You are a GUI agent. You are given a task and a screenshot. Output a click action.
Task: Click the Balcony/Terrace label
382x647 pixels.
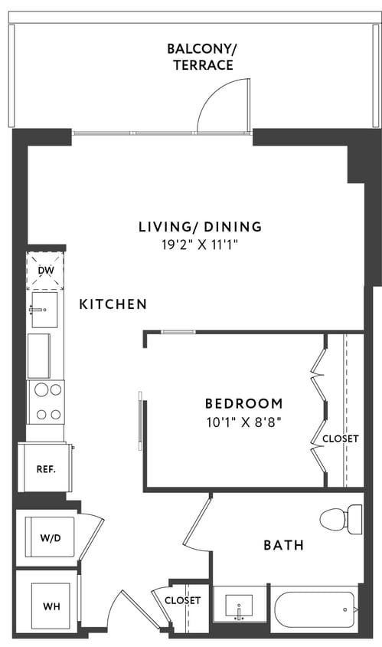tap(201, 57)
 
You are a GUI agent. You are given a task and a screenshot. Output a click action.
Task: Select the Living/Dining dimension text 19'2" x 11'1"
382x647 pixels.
tap(200, 247)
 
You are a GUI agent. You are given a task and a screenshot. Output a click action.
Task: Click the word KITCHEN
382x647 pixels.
tap(113, 304)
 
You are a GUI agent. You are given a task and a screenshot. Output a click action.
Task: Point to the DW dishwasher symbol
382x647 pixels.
tap(46, 271)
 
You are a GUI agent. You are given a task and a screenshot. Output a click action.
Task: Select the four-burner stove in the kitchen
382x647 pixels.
tap(46, 402)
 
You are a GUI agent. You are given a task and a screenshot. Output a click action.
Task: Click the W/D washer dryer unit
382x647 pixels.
tap(45, 538)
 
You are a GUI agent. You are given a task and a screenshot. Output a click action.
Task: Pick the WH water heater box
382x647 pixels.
tap(45, 606)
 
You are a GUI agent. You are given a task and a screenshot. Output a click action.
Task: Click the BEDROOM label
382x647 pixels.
tap(243, 403)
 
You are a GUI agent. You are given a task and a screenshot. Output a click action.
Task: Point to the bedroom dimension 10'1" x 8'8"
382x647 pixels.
tap(243, 422)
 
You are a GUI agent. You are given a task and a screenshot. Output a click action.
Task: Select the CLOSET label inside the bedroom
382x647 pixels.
tap(340, 439)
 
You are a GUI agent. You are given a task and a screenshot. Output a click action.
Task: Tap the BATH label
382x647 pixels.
tap(283, 546)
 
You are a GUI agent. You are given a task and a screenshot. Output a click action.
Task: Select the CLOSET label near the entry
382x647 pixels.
tap(182, 600)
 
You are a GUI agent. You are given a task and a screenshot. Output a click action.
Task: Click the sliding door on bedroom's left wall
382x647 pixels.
tap(139, 421)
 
